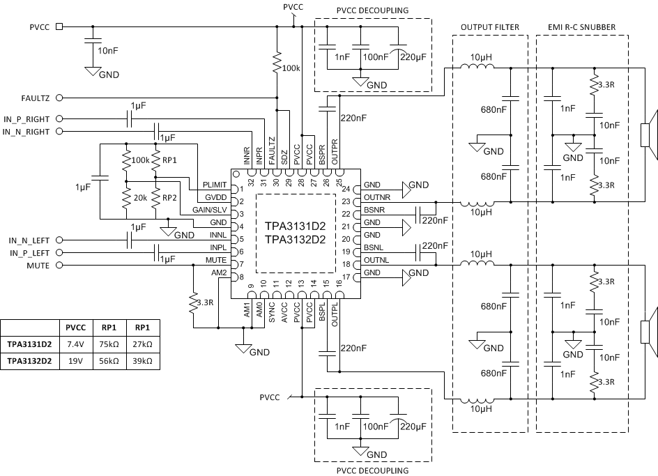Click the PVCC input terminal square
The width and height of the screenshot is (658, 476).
tap(59, 26)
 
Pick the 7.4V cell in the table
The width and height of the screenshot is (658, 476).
tap(75, 344)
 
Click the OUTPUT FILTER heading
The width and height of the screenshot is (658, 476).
tap(490, 27)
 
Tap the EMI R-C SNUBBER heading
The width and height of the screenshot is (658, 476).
tap(581, 27)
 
